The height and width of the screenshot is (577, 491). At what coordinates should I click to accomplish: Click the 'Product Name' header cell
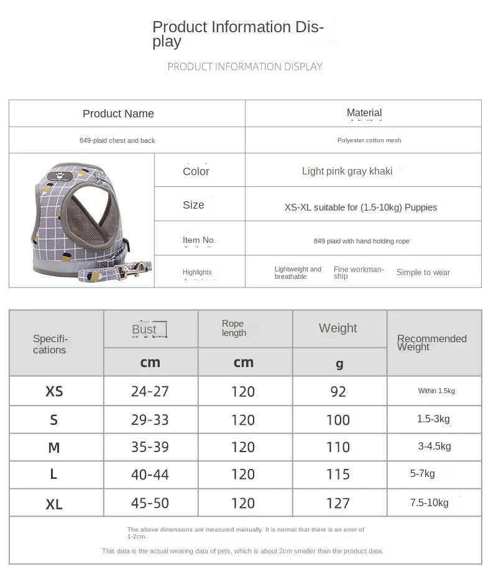[x=118, y=114]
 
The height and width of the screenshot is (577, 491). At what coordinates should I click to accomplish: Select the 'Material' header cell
[x=364, y=113]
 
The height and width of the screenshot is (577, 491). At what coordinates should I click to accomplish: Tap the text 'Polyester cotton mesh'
[x=369, y=140]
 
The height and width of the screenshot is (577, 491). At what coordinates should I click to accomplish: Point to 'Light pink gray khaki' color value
[x=347, y=171]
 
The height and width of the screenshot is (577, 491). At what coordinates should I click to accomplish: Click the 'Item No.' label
[x=199, y=240]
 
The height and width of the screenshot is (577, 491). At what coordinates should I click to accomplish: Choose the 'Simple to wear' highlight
[x=423, y=272]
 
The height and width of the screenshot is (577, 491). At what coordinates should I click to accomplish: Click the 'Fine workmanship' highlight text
[x=359, y=273]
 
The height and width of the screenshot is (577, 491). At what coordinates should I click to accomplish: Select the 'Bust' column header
[x=144, y=329]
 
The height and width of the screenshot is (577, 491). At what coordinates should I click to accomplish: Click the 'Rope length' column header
[x=234, y=329]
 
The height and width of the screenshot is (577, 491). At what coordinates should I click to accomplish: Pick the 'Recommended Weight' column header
[x=431, y=343]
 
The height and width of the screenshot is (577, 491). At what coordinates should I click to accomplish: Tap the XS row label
[x=54, y=391]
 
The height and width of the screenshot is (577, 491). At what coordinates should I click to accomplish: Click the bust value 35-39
[x=150, y=447]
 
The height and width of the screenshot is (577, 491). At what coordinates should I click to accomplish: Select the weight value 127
[x=338, y=503]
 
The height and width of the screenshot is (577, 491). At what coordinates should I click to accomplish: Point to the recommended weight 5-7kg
[x=423, y=474]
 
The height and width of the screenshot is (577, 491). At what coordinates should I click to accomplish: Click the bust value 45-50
[x=150, y=503]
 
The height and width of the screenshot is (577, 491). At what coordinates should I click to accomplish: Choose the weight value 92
[x=338, y=391]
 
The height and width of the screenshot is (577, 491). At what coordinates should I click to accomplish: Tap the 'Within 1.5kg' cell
[x=436, y=391]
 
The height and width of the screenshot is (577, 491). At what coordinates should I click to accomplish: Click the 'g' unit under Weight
[x=339, y=363]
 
